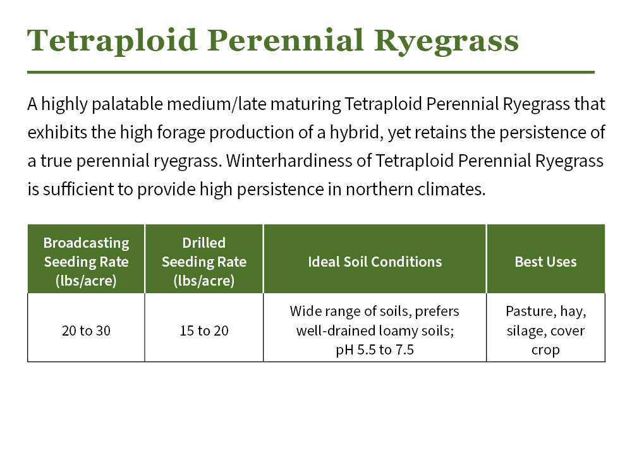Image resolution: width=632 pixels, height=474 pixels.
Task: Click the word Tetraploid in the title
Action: point(112,41)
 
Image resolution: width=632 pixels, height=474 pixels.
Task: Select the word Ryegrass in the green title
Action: point(446,41)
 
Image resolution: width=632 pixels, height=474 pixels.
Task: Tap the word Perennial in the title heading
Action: point(286,41)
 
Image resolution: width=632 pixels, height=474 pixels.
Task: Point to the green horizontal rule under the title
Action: point(311,73)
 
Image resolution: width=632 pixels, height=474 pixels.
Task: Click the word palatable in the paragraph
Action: point(127,104)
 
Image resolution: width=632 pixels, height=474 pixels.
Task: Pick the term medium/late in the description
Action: point(216,104)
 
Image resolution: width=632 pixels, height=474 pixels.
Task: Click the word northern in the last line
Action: point(379,190)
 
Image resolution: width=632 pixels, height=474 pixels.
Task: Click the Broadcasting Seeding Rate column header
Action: point(86,262)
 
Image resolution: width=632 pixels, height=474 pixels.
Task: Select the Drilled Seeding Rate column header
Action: point(204,262)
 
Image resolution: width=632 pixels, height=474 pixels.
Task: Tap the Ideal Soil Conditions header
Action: point(375,262)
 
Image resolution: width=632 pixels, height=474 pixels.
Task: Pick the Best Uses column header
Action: point(546,262)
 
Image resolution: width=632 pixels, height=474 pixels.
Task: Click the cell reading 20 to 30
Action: point(86,331)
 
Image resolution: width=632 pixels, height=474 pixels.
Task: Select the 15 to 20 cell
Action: point(204,331)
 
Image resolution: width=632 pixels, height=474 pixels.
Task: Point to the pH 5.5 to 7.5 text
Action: point(375,350)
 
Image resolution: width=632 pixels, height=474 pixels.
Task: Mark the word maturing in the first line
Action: point(305,104)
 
